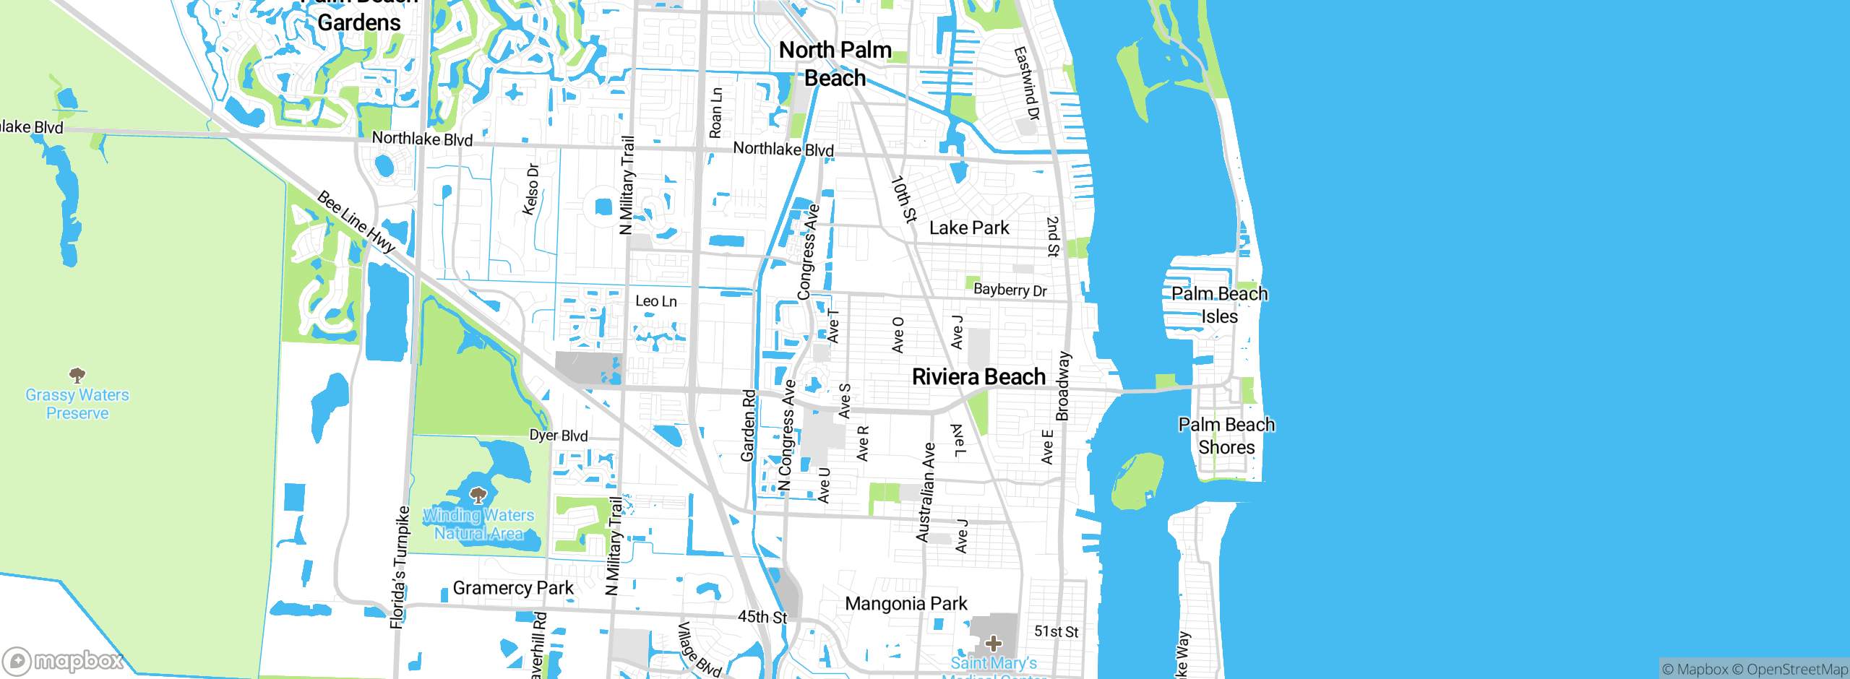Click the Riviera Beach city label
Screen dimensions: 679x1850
pyautogui.click(x=978, y=377)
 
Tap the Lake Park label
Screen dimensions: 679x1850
pyautogui.click(x=969, y=228)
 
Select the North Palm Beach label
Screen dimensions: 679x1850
pyautogui.click(x=835, y=64)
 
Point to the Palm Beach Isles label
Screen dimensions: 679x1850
pyautogui.click(x=1219, y=305)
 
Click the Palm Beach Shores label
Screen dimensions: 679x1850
pyautogui.click(x=1226, y=436)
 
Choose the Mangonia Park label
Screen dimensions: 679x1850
pyautogui.click(x=905, y=604)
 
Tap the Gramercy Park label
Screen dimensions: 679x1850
pyautogui.click(x=513, y=588)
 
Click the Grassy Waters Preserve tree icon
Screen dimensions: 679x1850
pyautogui.click(x=77, y=375)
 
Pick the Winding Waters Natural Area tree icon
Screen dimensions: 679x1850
pyautogui.click(x=478, y=495)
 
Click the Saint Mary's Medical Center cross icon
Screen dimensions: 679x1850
pyautogui.click(x=994, y=643)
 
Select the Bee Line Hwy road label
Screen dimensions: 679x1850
pyautogui.click(x=356, y=222)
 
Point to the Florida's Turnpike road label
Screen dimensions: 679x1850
pyautogui.click(x=400, y=567)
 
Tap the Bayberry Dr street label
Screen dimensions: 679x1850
pyautogui.click(x=1010, y=290)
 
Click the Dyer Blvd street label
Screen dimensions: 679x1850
pyautogui.click(x=559, y=436)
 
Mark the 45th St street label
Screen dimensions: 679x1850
pyautogui.click(x=762, y=617)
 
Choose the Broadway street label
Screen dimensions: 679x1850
pyautogui.click(x=1062, y=386)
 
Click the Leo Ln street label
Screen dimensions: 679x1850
pyautogui.click(x=656, y=301)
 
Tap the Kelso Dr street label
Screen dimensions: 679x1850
pyautogui.click(x=531, y=189)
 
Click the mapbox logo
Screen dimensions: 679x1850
pyautogui.click(x=64, y=660)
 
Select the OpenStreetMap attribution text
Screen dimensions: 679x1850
pyautogui.click(x=1797, y=670)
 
